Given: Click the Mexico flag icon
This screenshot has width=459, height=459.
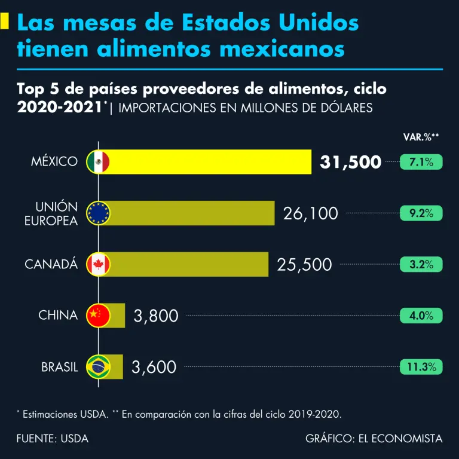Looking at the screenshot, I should point(98,161).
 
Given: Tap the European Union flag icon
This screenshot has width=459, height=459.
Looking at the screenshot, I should point(98,213).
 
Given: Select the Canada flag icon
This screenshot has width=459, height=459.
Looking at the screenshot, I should point(98,264).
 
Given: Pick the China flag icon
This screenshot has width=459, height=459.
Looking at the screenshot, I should point(98,315).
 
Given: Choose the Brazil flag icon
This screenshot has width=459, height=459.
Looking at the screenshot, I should point(98,366).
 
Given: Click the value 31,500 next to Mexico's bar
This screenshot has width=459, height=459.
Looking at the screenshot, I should point(350,162).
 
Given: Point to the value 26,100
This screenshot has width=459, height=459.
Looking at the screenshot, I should point(310,213).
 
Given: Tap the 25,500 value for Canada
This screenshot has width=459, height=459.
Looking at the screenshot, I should point(304,264).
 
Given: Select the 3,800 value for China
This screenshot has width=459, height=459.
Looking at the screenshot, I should point(156,316).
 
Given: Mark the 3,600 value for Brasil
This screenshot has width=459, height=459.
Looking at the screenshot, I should point(154,367).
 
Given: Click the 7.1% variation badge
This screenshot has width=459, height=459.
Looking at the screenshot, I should point(421,161).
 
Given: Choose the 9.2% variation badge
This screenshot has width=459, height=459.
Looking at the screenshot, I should point(421,213).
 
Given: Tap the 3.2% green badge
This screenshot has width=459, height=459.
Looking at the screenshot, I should point(421,264).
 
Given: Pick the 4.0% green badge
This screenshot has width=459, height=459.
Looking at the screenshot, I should point(421,316).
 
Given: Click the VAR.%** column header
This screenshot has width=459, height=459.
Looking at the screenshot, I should point(421,137).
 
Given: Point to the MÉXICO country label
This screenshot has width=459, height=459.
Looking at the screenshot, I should point(54,162).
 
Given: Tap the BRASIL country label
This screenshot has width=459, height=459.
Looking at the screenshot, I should point(60,367).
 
